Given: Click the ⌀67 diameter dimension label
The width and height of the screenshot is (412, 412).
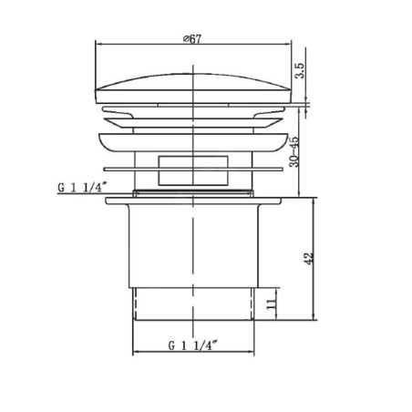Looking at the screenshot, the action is pos(192,39).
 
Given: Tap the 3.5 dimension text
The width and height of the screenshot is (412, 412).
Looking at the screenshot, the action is pos(300,70).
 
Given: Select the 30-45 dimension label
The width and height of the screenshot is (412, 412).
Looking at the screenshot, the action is pos(294,152).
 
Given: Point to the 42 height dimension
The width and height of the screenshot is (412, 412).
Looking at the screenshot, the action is pos(309,258).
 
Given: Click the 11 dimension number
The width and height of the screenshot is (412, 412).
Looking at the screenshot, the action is pos(272,304).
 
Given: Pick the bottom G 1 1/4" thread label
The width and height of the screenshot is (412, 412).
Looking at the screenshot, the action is pos(193,345).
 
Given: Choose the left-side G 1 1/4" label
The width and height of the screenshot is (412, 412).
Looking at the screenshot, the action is pos(82,187).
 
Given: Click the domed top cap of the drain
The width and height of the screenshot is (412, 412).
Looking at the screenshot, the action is pos(193,88).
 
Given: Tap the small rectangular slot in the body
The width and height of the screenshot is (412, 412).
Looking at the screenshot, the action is pos(193,170).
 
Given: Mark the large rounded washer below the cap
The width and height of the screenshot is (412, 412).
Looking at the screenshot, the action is pos(193,142).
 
